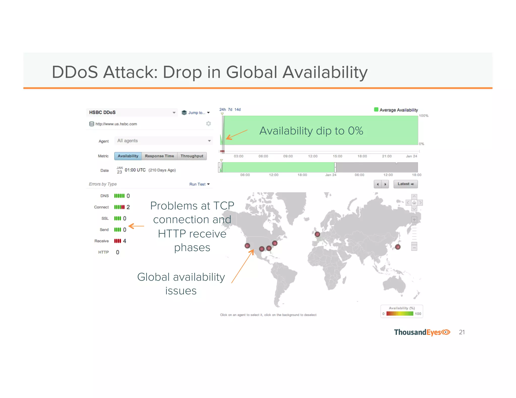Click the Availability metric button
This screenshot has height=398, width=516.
coord(128,156)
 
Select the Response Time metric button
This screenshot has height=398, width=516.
coord(159,156)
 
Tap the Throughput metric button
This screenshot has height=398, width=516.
coord(192,156)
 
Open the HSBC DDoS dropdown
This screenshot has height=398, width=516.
coord(132,112)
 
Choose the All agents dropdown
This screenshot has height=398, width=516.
coord(164,141)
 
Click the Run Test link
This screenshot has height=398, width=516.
coord(199,184)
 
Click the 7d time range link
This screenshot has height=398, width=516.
coord(230,109)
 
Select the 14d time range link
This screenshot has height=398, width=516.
coord(237,109)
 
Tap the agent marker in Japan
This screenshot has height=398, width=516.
coord(398,247)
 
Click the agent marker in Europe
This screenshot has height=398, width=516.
coord(317,234)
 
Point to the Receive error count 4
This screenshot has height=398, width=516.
coord(124,241)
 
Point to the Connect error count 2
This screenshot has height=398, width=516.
coord(128,207)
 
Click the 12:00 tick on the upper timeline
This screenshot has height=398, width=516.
coord(313,156)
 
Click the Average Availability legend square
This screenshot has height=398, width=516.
coord(376,109)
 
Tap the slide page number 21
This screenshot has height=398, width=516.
coord(462,332)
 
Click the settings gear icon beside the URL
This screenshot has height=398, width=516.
coord(208,124)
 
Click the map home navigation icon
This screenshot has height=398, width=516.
coord(414,203)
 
